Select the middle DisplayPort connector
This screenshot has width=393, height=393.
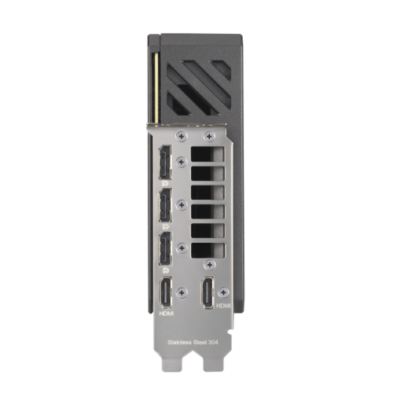[165, 207]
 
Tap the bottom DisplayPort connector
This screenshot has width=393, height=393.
[165, 248]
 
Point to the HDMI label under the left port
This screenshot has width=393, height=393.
[166, 313]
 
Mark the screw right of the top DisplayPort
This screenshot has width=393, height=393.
[182, 163]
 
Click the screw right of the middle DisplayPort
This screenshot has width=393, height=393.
[182, 206]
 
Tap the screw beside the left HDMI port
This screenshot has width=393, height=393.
[182, 292]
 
